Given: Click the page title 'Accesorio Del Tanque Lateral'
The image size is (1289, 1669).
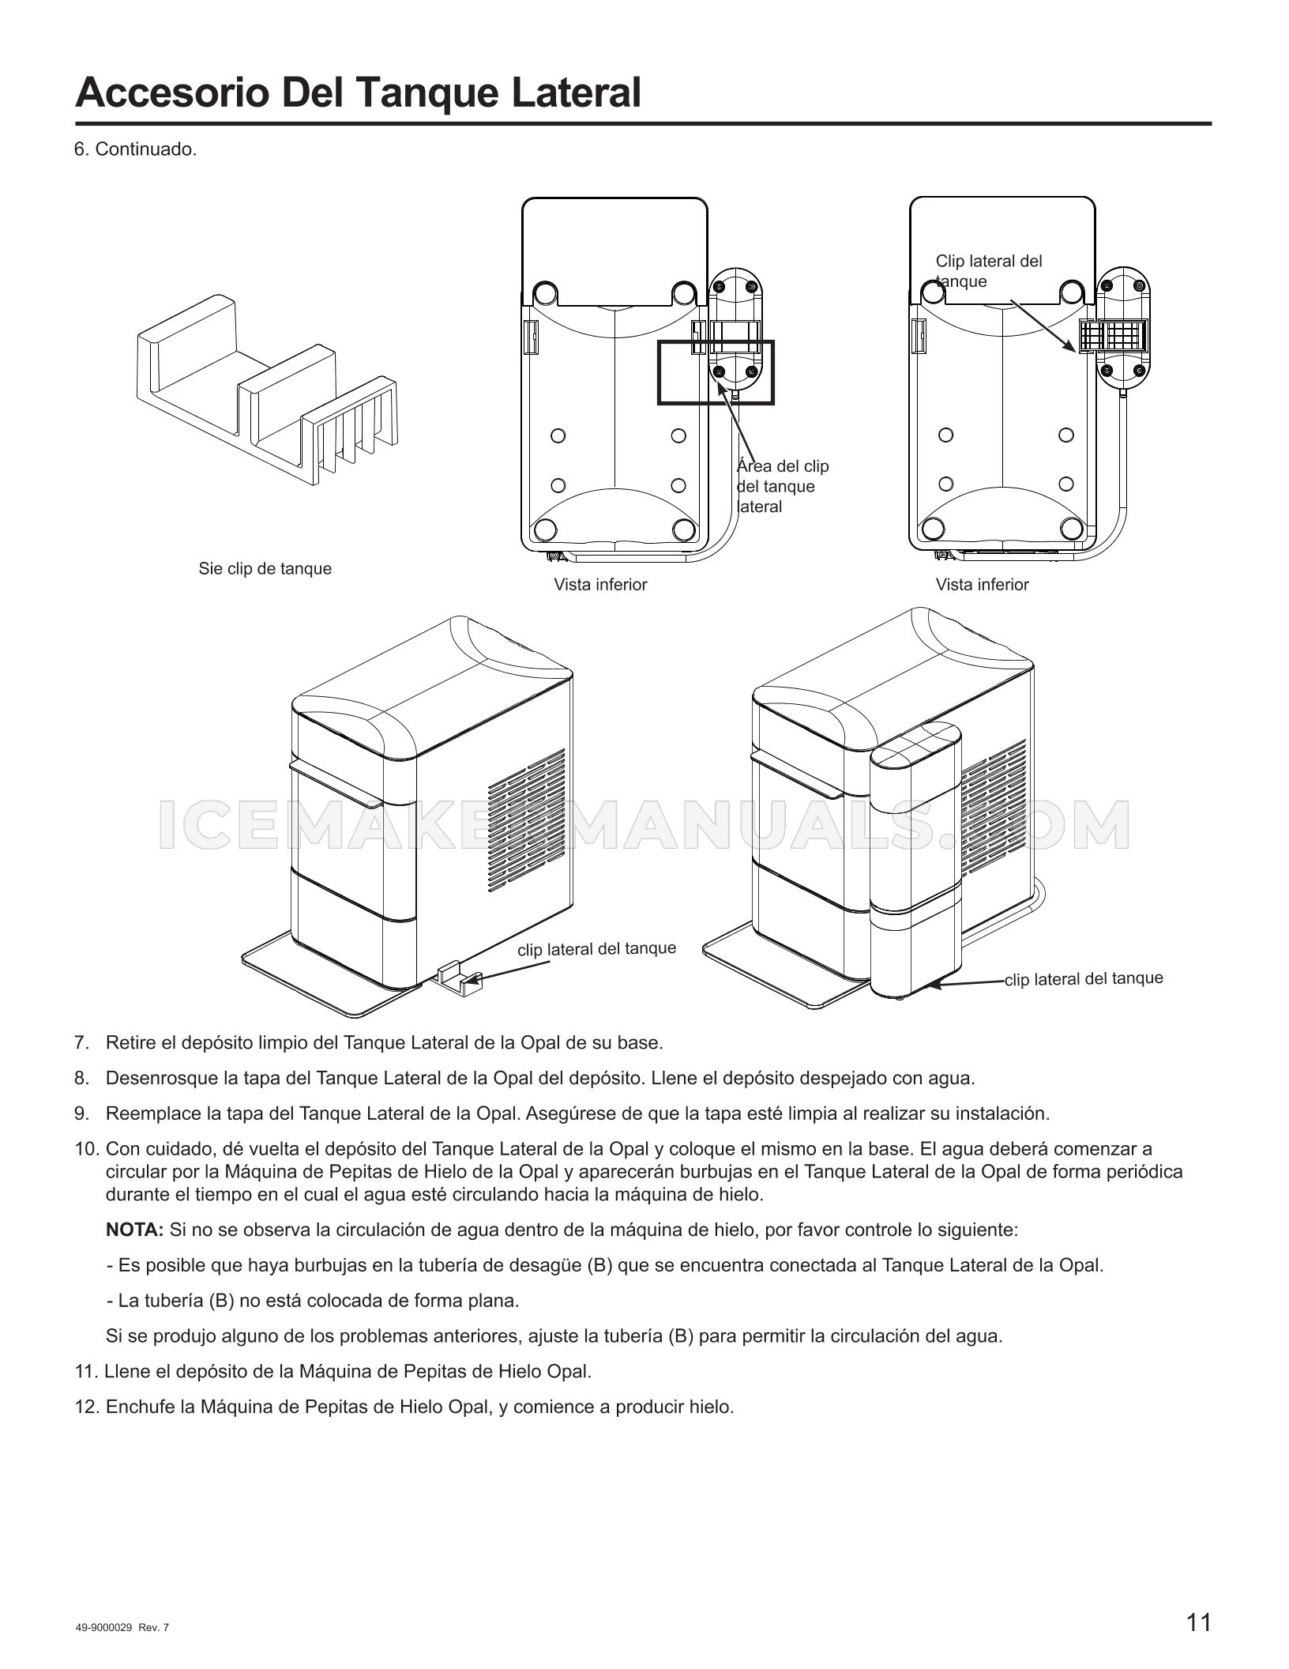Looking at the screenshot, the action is (358, 92).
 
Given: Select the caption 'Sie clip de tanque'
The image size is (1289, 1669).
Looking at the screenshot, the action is (265, 569).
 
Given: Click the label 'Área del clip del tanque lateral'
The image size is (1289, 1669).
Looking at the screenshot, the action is (783, 486).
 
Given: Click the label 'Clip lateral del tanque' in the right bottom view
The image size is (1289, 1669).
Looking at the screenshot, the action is (989, 271).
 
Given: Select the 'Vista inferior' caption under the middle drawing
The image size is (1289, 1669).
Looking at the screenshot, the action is (600, 585).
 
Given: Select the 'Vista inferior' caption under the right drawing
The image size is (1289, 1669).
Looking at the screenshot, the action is (983, 585).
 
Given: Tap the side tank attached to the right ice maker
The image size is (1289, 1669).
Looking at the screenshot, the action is (916, 860).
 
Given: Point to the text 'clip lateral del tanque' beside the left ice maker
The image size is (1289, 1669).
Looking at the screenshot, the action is (597, 948).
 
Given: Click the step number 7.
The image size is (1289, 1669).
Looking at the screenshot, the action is (81, 1042).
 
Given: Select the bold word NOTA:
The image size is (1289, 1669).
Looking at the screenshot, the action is (134, 1230).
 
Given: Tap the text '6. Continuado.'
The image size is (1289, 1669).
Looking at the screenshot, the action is (135, 149).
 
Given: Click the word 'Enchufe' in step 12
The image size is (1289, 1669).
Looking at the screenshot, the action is (134, 1407).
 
